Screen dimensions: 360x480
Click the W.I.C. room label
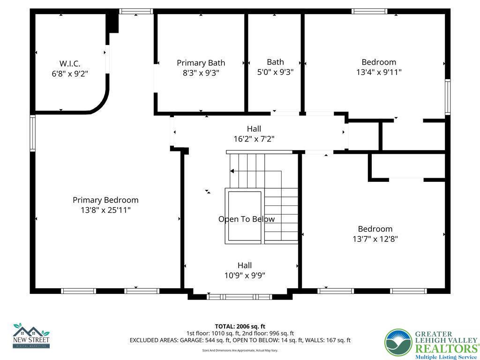(x=70, y=63)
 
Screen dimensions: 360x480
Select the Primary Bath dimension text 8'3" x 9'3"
(x=201, y=73)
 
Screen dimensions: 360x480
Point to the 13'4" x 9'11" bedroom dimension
(x=379, y=72)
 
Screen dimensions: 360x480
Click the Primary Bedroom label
(x=105, y=200)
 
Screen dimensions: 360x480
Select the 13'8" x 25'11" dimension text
(x=105, y=210)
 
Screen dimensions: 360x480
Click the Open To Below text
(x=247, y=219)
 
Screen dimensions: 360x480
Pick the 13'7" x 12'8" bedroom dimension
(x=375, y=239)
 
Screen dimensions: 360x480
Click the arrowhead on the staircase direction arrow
(x=232, y=172)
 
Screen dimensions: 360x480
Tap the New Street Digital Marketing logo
(x=31, y=336)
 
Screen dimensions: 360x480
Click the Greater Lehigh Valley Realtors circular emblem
(x=398, y=343)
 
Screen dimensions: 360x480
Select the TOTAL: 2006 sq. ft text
(x=240, y=326)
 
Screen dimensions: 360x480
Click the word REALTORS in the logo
(x=445, y=348)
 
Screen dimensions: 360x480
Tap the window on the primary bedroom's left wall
(x=33, y=133)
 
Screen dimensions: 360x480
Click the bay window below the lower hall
(x=240, y=297)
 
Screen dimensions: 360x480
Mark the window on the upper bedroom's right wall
(x=448, y=97)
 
